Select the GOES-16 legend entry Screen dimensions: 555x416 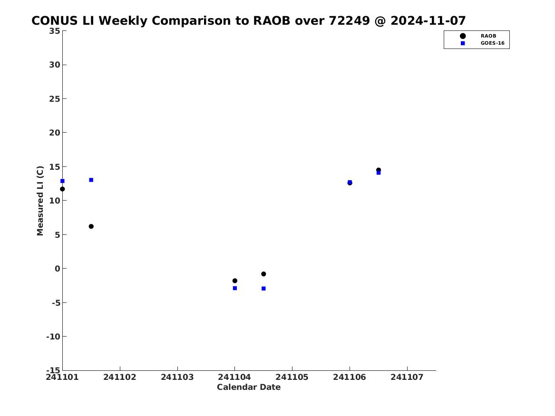pos(482,43)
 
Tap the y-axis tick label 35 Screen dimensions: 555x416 pos(55,31)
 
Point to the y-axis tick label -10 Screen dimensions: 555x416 pos(53,337)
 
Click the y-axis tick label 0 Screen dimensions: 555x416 pos(58,269)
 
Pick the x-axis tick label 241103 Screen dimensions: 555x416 pos(177,377)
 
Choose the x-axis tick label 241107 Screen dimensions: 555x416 pos(407,377)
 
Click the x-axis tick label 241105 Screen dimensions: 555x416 pos(292,377)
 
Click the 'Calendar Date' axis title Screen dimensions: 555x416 pos(249,387)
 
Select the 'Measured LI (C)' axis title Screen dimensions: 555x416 pos(40,201)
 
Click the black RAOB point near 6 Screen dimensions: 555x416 pos(91,226)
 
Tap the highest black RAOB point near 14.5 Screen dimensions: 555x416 pos(379,170)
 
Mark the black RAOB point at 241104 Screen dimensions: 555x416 pos(234,281)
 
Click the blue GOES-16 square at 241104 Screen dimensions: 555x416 pos(234,288)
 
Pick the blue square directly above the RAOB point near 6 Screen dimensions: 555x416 pos(91,180)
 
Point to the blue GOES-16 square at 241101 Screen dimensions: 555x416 pos(62,181)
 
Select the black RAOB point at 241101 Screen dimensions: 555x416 pos(62,189)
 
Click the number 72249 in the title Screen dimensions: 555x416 pos(349,21)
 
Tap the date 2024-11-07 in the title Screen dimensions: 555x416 pos(428,21)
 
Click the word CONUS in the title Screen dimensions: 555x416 pos(55,21)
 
